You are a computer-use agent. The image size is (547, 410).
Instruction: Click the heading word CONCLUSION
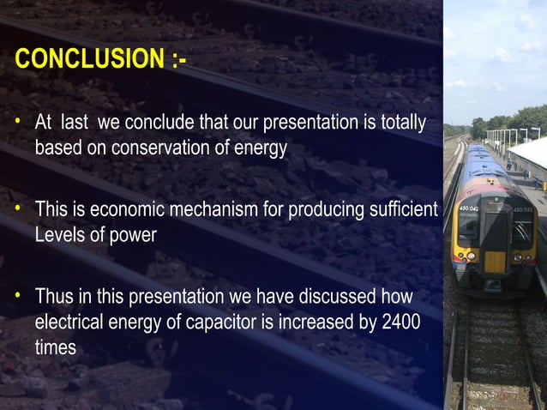click(87, 60)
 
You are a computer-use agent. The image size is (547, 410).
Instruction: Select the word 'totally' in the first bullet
click(401, 124)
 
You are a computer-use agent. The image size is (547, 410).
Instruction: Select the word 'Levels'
click(57, 234)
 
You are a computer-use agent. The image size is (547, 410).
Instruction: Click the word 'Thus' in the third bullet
click(52, 298)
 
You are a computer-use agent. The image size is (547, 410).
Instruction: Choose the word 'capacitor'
click(227, 323)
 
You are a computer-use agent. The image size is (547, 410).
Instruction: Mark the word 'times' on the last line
click(55, 347)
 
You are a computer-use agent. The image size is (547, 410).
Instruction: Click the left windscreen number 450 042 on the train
click(468, 208)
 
